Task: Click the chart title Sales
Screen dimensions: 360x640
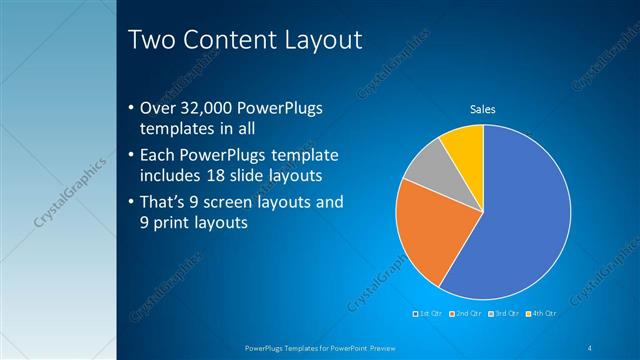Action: coord(483,109)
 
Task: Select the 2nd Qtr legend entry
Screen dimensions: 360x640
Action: coord(468,314)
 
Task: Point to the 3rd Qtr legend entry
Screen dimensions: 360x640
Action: coord(506,314)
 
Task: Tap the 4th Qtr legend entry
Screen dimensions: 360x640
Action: coord(543,314)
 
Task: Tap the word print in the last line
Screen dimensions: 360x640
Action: coord(172,223)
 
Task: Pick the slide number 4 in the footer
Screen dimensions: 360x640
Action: coord(590,347)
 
